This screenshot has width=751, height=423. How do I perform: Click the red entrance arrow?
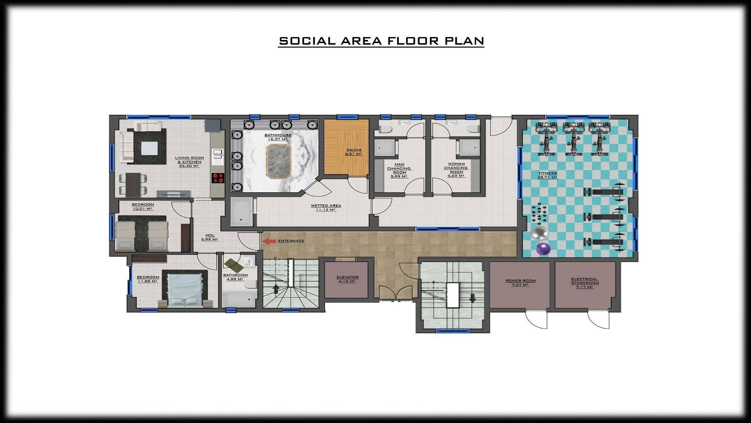click(269, 241)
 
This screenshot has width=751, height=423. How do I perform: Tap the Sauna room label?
click(354, 152)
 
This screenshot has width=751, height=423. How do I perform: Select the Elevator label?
click(347, 279)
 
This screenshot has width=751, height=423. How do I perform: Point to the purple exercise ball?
click(543, 249)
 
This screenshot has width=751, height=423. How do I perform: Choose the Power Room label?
click(521, 283)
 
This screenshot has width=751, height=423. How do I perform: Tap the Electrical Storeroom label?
click(585, 283)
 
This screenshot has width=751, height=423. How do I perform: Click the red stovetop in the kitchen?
click(218, 178)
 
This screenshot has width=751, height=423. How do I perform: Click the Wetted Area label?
click(326, 208)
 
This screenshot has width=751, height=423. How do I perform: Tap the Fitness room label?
click(547, 175)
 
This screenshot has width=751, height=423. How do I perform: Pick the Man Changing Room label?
click(399, 170)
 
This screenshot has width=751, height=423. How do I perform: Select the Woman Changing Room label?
click(456, 170)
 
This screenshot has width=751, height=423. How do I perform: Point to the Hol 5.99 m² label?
click(210, 237)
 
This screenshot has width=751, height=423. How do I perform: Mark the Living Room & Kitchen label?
click(189, 162)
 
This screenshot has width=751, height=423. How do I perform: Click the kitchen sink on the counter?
click(217, 156)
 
